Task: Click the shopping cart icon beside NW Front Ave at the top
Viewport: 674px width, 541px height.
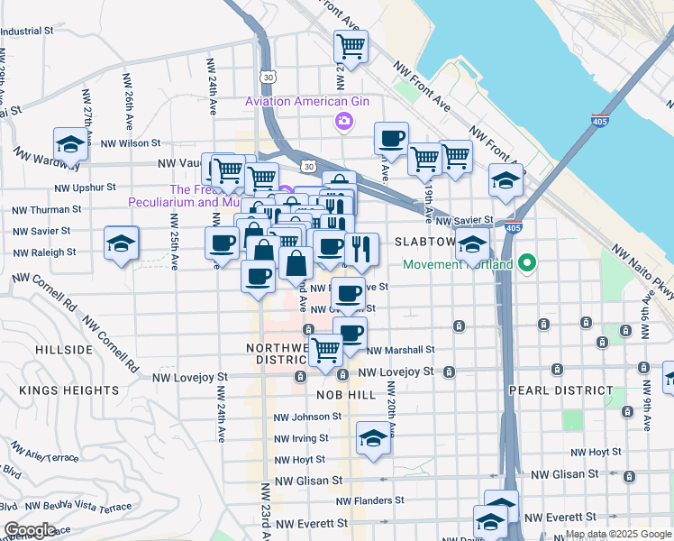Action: pos(351,45)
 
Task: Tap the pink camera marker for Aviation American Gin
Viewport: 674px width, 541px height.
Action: pos(342,122)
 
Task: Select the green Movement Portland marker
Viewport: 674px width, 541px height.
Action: pos(528,264)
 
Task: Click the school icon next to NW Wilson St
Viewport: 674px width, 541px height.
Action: pos(69,143)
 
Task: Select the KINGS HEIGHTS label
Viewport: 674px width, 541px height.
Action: pos(68,390)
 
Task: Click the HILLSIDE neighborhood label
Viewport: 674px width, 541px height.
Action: pos(63,349)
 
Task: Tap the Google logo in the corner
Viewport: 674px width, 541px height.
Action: pos(29,530)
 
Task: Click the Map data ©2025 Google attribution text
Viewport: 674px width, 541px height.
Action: pos(618,535)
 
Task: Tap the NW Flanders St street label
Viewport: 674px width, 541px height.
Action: pos(369,500)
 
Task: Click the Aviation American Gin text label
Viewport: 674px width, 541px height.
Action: pos(308,102)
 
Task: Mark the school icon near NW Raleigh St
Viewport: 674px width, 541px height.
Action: pos(121,244)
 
